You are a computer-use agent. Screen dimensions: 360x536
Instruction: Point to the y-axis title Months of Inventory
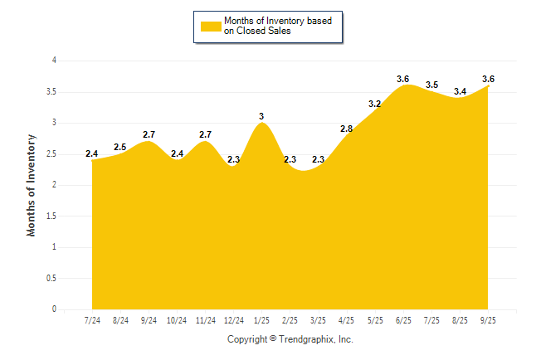[x=32, y=185]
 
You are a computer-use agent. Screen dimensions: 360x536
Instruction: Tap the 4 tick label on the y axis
[x=54, y=61]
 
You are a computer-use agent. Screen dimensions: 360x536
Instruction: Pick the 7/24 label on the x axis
[x=92, y=319]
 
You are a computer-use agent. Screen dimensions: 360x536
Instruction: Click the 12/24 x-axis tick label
[x=233, y=319]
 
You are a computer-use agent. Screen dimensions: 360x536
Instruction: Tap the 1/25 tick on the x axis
[x=262, y=319]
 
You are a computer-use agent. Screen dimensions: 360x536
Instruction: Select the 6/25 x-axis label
[x=403, y=319]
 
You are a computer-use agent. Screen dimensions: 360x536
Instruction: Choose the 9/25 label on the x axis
[x=488, y=319]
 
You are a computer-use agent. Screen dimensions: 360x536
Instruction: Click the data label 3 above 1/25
[x=262, y=116]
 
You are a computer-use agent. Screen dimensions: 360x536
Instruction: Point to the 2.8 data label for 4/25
[x=347, y=129]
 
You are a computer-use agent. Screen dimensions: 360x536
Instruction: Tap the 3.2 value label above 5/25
[x=375, y=104]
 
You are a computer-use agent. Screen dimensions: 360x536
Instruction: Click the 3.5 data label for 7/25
[x=431, y=85]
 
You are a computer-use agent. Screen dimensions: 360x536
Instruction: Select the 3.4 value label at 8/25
[x=460, y=91]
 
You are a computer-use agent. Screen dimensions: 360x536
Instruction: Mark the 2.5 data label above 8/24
[x=120, y=147]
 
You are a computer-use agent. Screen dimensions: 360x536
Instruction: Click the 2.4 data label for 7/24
[x=92, y=153]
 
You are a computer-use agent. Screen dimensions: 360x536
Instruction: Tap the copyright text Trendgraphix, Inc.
[x=290, y=339]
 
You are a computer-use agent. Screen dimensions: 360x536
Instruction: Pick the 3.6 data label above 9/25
[x=488, y=79]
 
